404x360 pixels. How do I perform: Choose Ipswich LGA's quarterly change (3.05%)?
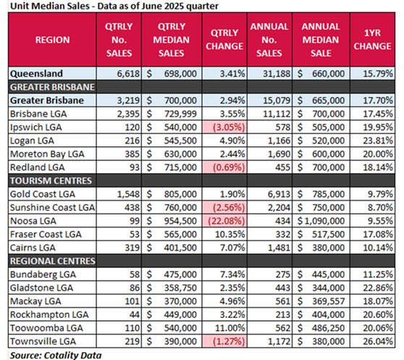228,127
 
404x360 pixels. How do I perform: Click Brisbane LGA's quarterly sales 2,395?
121,114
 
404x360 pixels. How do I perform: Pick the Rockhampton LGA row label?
44,313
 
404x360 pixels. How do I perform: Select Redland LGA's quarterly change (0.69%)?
228,167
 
